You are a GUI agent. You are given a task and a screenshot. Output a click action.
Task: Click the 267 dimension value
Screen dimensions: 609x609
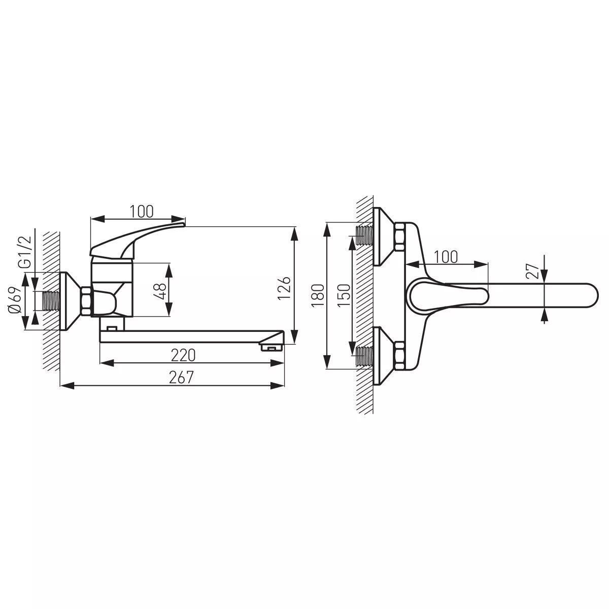coord(181,377)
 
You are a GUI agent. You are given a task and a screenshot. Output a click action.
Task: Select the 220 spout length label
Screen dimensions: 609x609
coord(183,355)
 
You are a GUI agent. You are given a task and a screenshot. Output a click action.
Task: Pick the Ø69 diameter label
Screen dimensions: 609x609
coord(15,300)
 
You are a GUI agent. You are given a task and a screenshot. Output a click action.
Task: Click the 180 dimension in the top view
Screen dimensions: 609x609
coord(318,295)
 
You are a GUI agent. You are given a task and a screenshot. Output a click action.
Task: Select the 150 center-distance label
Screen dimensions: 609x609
coord(344,295)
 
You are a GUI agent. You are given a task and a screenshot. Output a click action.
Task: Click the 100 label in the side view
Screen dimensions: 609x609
coord(142,212)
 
